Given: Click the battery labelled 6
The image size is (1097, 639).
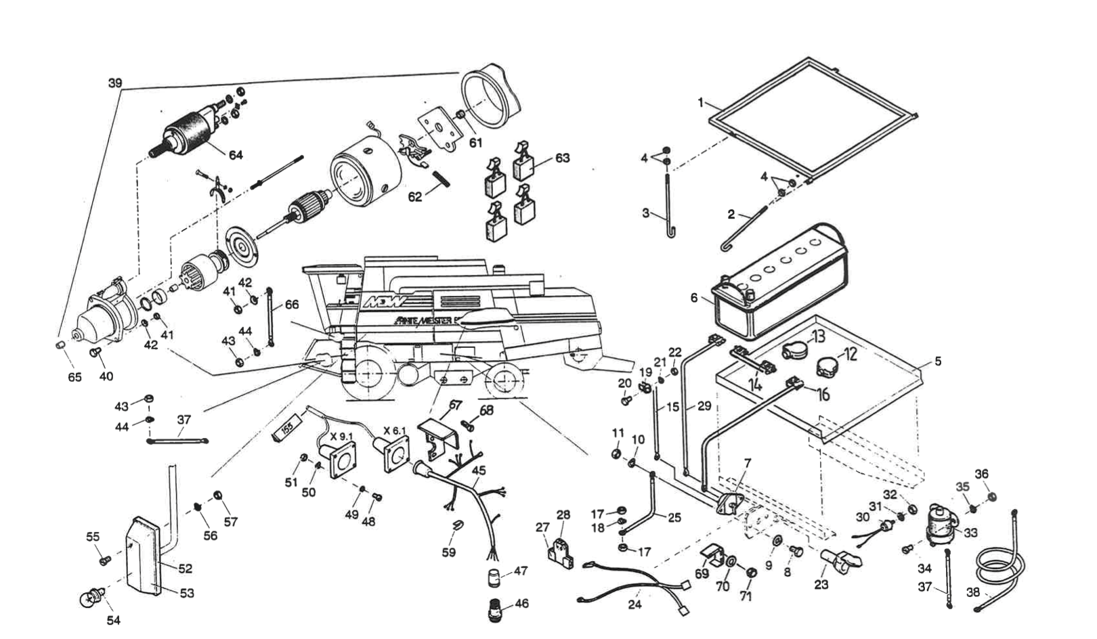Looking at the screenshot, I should pos(779,291).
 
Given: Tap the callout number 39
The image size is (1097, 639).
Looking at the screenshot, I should pos(115,83).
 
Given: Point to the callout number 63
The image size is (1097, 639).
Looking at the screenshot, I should pos(562,158).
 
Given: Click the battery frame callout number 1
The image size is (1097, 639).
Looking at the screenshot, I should pos(702,103).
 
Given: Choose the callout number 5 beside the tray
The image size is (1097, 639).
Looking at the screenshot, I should pos(937,361).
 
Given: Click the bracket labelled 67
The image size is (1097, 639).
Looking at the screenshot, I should pos(437,433).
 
